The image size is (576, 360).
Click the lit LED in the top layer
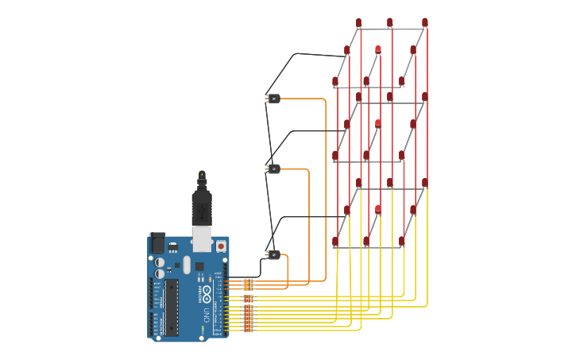coord(378,50)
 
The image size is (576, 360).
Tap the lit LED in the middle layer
coord(378,124)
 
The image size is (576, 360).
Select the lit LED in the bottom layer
coord(378,210)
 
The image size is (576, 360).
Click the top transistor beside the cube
coord(273,99)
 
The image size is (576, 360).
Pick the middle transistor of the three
coord(273,168)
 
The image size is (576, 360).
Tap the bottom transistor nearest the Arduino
coord(273,255)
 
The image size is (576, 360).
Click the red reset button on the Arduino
coord(221,246)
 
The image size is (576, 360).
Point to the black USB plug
coord(202,208)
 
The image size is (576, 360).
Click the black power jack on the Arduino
coord(157,242)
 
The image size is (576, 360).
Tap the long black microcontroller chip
coord(172,307)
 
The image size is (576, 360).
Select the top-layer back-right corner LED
coord(425,22)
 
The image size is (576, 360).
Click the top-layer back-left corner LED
coord(358,22)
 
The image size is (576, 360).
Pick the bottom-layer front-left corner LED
coord(335,241)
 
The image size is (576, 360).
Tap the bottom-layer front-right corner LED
coord(402,241)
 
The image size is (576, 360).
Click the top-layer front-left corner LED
coord(335,81)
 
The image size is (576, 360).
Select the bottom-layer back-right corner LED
coord(425,183)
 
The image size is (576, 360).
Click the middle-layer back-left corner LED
coord(358,97)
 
